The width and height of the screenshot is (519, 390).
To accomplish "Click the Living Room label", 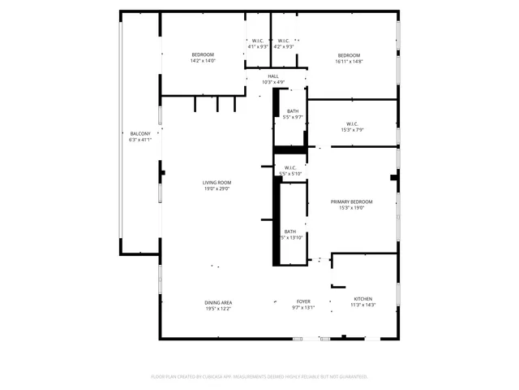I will (x=217, y=183).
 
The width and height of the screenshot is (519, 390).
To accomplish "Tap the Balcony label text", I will (x=140, y=134).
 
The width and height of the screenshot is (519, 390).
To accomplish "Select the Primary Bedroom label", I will (x=351, y=201).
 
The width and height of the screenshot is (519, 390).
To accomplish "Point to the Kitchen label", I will (x=362, y=299).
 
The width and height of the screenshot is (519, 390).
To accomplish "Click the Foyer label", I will (x=302, y=301).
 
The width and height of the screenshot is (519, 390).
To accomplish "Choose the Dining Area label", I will (x=218, y=302).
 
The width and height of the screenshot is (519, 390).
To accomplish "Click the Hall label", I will (x=273, y=76).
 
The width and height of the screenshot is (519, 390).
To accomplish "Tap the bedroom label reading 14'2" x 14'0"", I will (x=202, y=54).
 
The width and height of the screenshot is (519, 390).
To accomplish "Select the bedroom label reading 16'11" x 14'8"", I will (x=350, y=54).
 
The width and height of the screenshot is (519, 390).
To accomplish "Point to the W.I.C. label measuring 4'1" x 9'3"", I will (x=256, y=41).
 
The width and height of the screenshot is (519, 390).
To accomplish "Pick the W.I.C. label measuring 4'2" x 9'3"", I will (x=283, y=41).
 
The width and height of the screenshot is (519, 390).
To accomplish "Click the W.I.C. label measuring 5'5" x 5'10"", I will (x=290, y=168).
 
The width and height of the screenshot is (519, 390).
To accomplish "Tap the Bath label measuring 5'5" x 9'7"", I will (x=292, y=111).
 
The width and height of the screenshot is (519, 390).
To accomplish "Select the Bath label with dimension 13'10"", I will (x=290, y=232).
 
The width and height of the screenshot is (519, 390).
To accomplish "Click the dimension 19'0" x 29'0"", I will (x=217, y=188).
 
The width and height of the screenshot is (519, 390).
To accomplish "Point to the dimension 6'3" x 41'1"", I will (x=140, y=140).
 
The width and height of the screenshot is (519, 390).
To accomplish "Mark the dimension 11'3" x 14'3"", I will (x=362, y=305).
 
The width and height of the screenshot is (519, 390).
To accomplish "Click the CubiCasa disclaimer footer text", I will (x=259, y=377).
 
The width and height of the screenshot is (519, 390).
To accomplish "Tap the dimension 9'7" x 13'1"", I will (x=302, y=307).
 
